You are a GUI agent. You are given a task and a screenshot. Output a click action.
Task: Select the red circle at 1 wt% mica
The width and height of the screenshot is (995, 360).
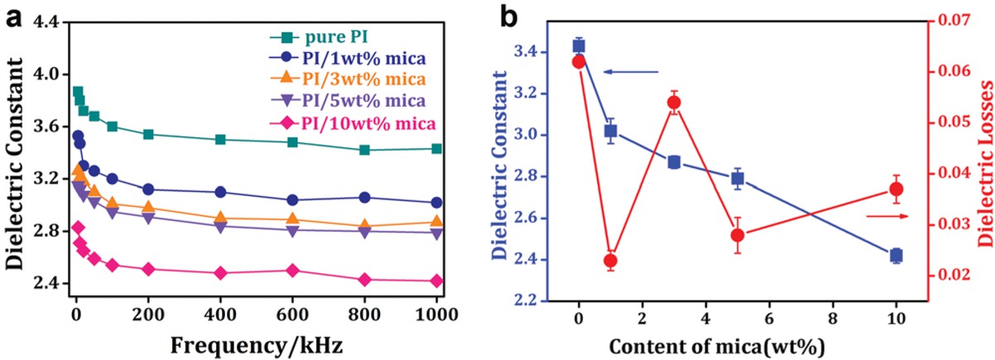coord(611,284)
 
